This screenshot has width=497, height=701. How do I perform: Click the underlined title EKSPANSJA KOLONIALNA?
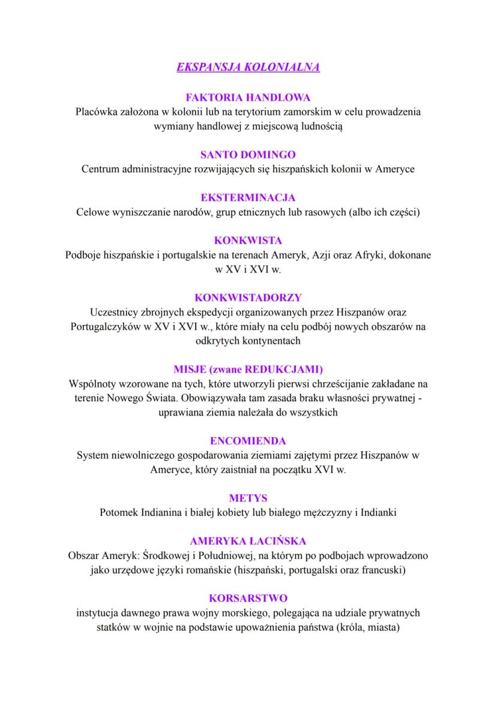point(248,67)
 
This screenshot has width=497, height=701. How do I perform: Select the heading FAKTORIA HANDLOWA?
point(248,97)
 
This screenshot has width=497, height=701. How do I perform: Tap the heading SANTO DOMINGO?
point(248,155)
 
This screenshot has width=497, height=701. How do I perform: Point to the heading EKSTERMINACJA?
point(248,197)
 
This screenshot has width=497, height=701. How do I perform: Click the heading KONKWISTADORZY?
point(248,297)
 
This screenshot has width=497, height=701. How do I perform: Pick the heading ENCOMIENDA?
point(248,441)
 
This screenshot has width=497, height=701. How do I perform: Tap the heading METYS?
point(248,498)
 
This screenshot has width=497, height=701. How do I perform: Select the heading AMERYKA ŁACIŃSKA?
point(248,540)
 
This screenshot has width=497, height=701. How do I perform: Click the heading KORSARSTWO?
point(248,598)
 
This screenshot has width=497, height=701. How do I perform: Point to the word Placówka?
point(96,112)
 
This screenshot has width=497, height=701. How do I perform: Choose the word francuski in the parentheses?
point(382,570)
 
